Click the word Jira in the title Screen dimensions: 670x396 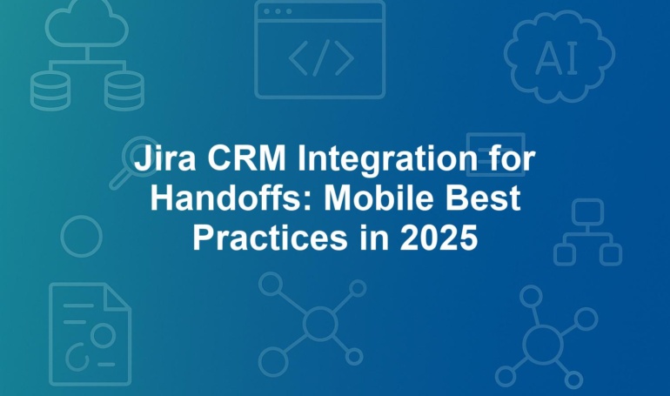[165, 158]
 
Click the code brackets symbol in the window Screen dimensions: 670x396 [321, 57]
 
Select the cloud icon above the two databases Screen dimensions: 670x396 [87, 23]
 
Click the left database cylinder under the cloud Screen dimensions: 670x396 [50, 91]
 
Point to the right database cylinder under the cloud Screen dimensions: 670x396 [124, 91]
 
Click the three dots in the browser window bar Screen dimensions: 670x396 [278, 11]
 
